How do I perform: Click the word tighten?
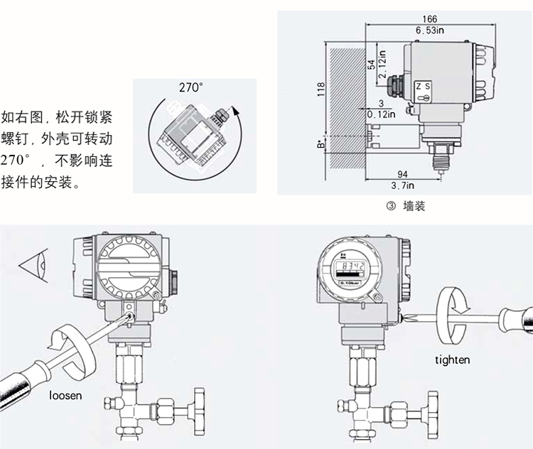coord(453,359)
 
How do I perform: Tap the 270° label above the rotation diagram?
coord(190,87)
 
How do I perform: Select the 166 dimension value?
coord(429,19)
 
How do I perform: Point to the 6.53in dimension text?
coord(430,30)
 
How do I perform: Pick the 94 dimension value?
coord(402,174)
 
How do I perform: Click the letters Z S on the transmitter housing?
coord(423,86)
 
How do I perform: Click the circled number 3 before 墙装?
coord(389,207)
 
